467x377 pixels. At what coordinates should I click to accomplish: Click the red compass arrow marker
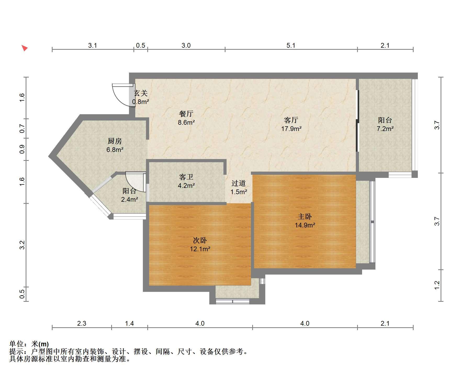(25, 48)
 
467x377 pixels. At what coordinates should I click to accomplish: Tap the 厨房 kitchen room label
(115, 141)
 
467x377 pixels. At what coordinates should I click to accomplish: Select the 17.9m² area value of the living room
(291, 129)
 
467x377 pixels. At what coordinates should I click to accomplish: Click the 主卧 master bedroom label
(305, 217)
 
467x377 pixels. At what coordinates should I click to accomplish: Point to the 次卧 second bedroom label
(200, 240)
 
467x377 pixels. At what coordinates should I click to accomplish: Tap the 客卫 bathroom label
(186, 177)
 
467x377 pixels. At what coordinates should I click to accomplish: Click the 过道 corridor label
(239, 183)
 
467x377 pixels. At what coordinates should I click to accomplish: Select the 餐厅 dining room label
(186, 114)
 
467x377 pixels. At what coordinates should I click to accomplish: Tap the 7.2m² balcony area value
(385, 129)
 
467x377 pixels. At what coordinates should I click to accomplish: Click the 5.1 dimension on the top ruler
(291, 46)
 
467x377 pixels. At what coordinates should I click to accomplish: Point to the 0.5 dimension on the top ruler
(140, 46)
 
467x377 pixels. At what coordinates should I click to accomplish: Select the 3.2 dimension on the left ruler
(22, 245)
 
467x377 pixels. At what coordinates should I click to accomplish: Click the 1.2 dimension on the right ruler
(437, 285)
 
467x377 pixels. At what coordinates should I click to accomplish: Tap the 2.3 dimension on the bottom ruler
(82, 324)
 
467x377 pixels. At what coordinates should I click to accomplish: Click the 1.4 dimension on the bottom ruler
(130, 324)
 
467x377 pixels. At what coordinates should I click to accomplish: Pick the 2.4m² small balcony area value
(130, 199)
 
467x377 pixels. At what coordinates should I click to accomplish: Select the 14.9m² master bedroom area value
(305, 225)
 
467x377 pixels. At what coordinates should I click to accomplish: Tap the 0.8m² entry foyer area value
(140, 102)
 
